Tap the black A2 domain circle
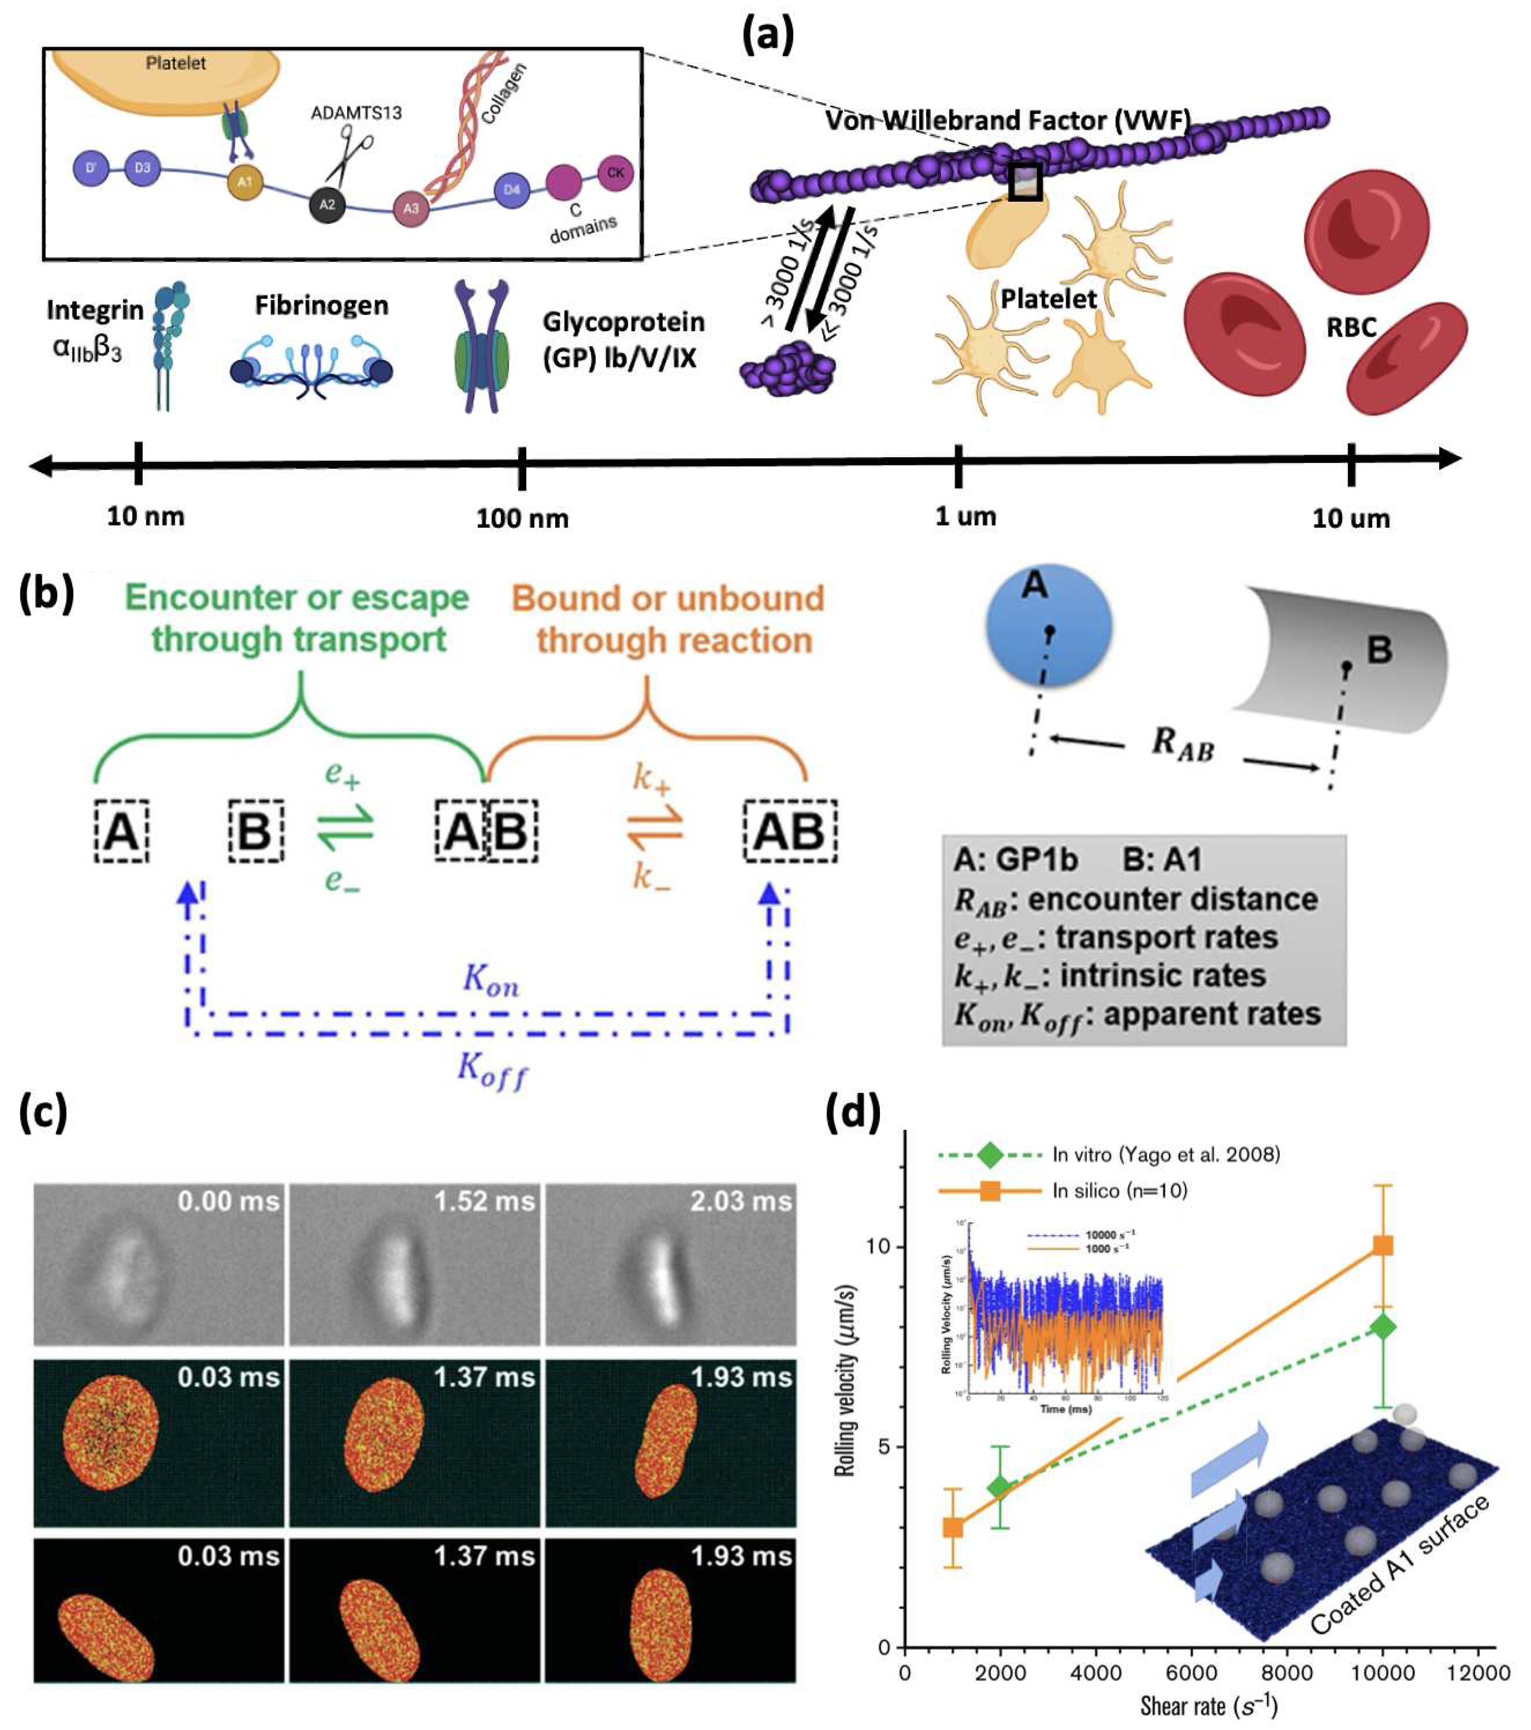tap(327, 204)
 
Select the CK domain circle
tap(615, 173)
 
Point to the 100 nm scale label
tap(522, 518)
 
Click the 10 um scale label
tap(1351, 518)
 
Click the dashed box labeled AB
tap(790, 831)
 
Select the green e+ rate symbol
tap(343, 774)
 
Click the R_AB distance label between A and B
tap(1182, 745)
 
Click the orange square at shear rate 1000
tap(953, 1527)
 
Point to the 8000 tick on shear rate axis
tap(1287, 1672)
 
